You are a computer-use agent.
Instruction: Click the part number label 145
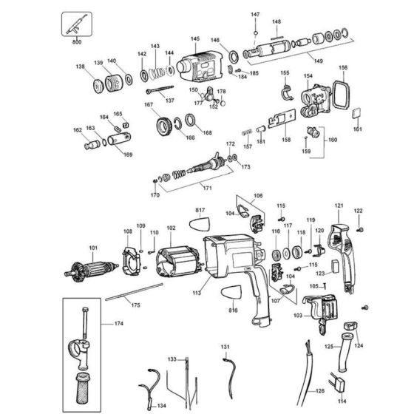coord(195,39)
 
